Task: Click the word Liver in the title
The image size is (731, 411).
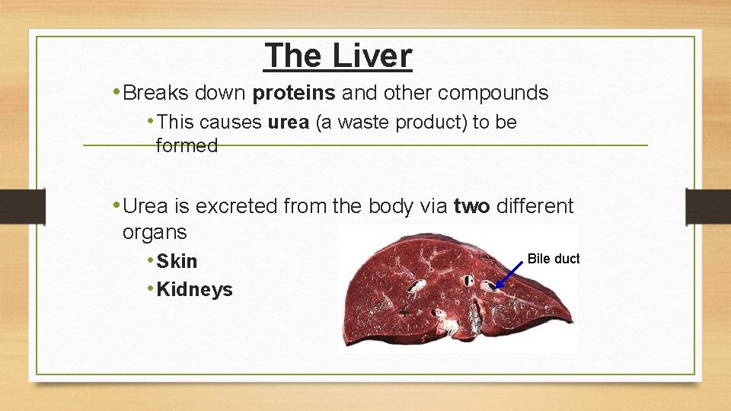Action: coord(372,56)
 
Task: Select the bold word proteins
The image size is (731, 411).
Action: coord(294,93)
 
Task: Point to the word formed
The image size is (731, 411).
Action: coord(187,145)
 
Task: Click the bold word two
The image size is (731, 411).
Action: coord(471,205)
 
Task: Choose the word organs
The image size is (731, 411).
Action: coord(154,231)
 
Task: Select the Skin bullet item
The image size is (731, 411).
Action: coord(177,261)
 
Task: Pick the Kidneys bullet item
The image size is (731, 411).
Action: coord(194,289)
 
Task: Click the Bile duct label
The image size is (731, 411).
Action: coord(554,259)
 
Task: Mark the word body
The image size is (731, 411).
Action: coord(391,205)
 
